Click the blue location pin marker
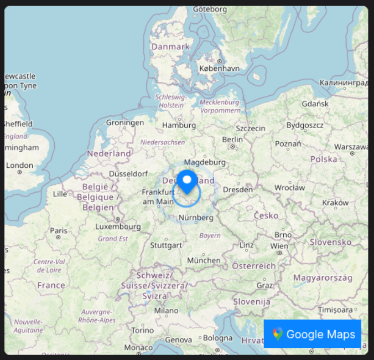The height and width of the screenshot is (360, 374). (x=187, y=182)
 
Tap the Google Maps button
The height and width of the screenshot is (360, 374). (x=313, y=334)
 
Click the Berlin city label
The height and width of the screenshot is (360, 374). (x=232, y=140)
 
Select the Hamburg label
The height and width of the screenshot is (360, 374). (x=179, y=125)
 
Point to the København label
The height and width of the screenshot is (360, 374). (x=220, y=68)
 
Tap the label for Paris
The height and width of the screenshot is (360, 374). (x=58, y=230)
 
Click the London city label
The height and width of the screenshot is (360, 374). (x=19, y=165)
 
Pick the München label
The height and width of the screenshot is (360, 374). (x=203, y=260)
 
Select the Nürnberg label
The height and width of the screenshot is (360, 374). (x=196, y=218)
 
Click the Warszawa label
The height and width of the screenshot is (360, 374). (x=351, y=147)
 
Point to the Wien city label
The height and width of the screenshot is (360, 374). (x=279, y=245)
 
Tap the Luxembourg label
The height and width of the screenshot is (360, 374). (x=118, y=227)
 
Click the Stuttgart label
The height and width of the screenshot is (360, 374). (x=166, y=245)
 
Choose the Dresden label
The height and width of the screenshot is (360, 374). (x=238, y=189)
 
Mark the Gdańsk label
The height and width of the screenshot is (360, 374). (x=315, y=104)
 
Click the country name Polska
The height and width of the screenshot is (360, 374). (x=324, y=159)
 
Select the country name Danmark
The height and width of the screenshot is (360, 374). (x=170, y=47)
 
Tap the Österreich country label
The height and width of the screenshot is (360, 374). (x=253, y=266)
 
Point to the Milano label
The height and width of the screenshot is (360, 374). (x=166, y=311)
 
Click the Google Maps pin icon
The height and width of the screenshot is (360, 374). (x=278, y=334)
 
